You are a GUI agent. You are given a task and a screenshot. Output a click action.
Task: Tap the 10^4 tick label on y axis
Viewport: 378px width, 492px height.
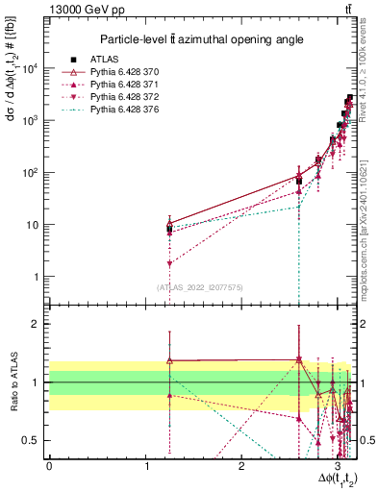click(x=31, y=68)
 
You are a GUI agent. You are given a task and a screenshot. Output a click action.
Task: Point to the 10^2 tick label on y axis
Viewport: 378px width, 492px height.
click(x=31, y=173)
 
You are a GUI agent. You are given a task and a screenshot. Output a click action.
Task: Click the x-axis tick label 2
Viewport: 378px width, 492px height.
click(x=242, y=467)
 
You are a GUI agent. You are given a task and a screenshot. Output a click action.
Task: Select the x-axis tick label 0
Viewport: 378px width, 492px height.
click(x=49, y=467)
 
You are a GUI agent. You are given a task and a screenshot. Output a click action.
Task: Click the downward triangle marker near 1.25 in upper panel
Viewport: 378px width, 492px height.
click(x=169, y=263)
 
